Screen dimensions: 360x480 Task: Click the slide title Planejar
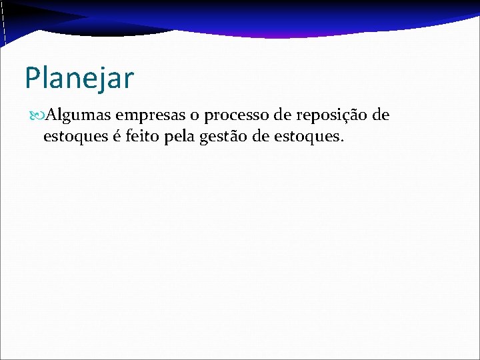tap(79, 78)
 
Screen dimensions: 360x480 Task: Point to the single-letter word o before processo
tap(193, 117)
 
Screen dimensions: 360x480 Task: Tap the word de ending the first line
tap(381, 116)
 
